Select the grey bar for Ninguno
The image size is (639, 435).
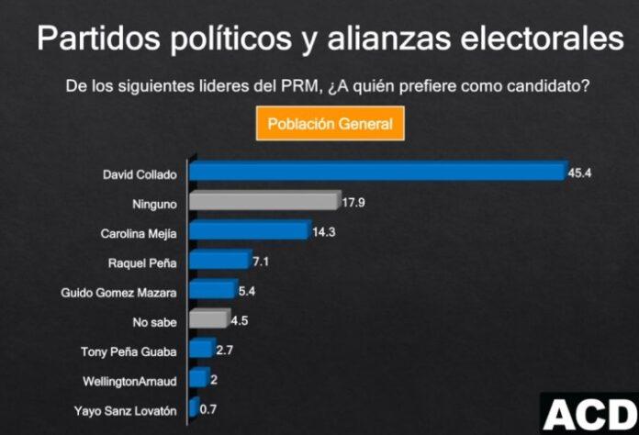263,201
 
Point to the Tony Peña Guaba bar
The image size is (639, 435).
201,349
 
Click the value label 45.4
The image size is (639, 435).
579,172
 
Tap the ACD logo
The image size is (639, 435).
588,414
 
